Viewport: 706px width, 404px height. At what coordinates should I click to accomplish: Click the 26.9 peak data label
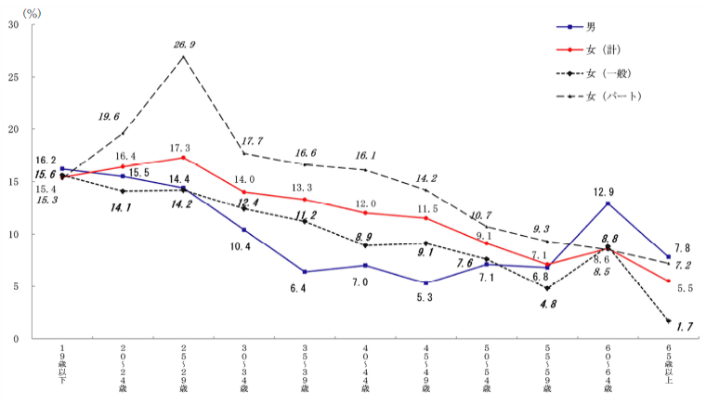click(x=184, y=44)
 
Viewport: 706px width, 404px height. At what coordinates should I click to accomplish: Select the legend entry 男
click(x=591, y=27)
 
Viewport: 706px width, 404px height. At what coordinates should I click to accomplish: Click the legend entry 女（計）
click(x=608, y=49)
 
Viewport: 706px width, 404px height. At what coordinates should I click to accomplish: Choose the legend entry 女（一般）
click(x=613, y=72)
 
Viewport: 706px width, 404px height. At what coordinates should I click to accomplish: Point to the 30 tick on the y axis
click(x=14, y=25)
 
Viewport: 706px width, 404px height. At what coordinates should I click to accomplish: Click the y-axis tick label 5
click(x=17, y=287)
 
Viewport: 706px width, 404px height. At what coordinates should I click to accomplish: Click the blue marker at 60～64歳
click(x=608, y=203)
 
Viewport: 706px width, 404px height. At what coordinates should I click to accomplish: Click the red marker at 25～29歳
click(x=183, y=158)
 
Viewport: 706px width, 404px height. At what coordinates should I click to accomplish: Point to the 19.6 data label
click(x=110, y=117)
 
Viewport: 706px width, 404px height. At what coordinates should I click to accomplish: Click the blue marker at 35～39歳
click(x=305, y=272)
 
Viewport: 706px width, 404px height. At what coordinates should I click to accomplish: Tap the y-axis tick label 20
click(x=14, y=130)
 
